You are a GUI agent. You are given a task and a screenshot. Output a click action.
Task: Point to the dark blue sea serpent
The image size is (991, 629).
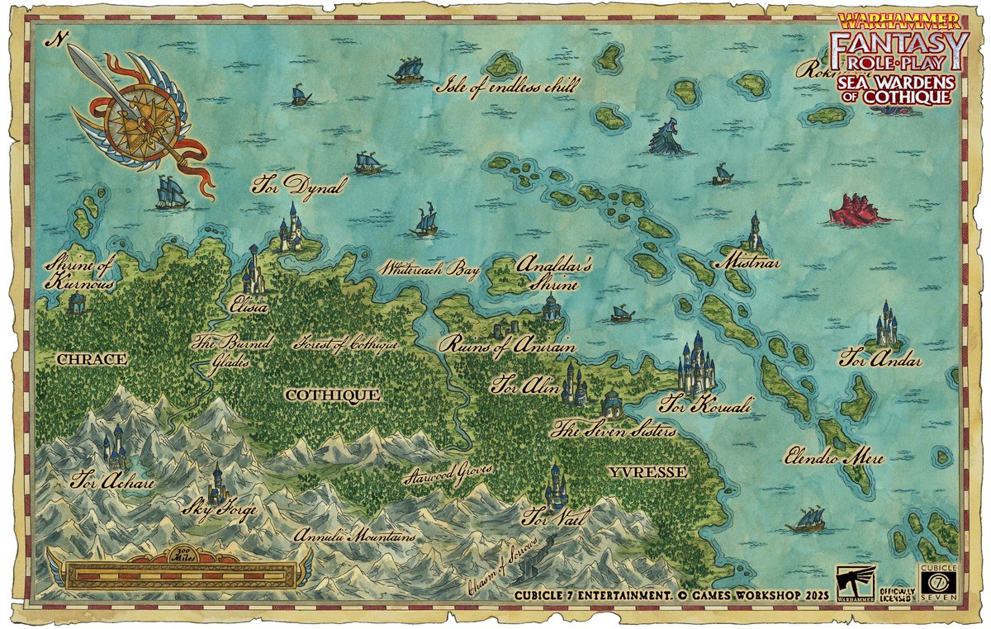[668, 137]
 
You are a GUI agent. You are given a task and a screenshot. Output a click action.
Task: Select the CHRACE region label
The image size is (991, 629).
[91, 359]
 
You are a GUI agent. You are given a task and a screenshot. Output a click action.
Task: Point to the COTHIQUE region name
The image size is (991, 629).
[332, 395]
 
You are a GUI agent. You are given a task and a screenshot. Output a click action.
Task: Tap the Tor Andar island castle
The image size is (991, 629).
[886, 327]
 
